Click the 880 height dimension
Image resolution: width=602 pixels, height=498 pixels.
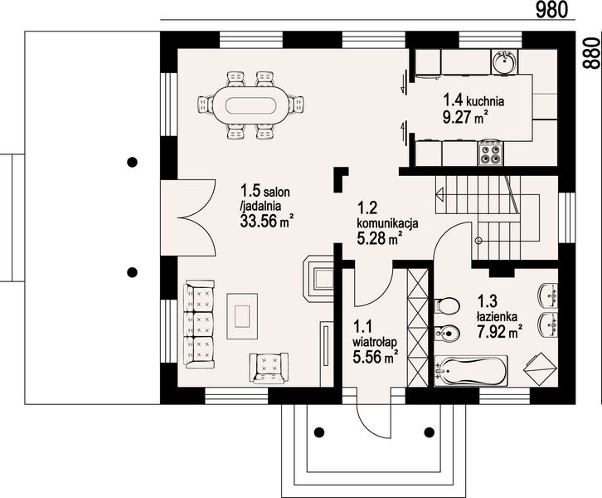[590, 52]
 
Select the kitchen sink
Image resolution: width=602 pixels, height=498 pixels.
[504, 61]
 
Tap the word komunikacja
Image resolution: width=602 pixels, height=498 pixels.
[387, 222]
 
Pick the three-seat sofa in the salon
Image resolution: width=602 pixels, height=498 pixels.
[199, 322]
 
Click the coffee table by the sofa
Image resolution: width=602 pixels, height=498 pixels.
[241, 315]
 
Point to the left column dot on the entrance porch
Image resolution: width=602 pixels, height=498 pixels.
[318, 432]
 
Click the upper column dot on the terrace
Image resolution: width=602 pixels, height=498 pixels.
[131, 162]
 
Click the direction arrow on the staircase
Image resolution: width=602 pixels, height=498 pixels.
[439, 195]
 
